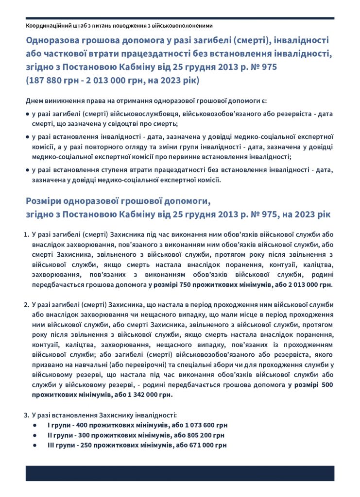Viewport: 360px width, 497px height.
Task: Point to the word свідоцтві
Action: click(115, 124)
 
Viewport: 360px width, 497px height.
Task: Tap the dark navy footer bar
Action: click(180, 473)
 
